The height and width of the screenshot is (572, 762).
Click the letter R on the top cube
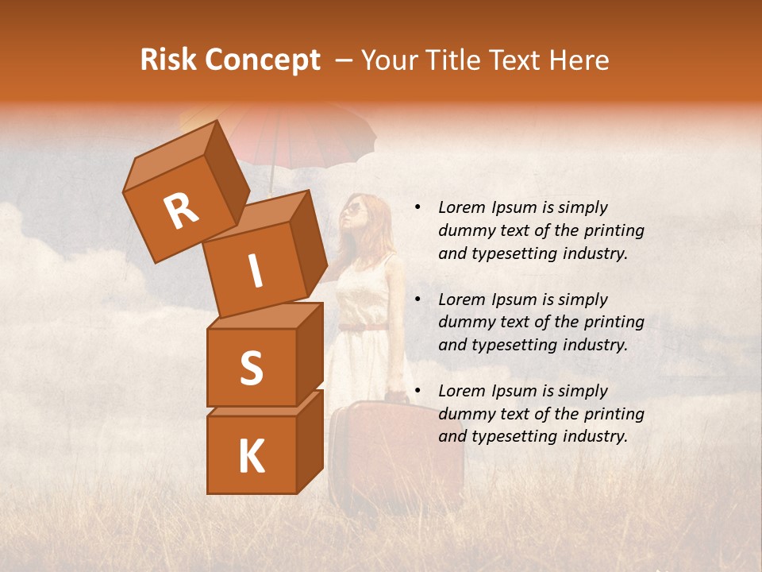pos(181,211)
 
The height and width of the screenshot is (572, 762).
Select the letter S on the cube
pos(251,367)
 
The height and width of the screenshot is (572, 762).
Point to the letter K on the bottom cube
pos(251,457)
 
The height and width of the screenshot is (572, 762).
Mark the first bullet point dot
pos(417,208)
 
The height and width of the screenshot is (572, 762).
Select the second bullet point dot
pos(417,300)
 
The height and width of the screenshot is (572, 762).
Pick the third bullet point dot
pos(417,392)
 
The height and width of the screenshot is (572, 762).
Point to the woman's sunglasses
pos(353,209)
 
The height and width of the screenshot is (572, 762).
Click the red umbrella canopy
pos(317,135)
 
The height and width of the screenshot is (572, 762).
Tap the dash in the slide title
pos(344,61)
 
